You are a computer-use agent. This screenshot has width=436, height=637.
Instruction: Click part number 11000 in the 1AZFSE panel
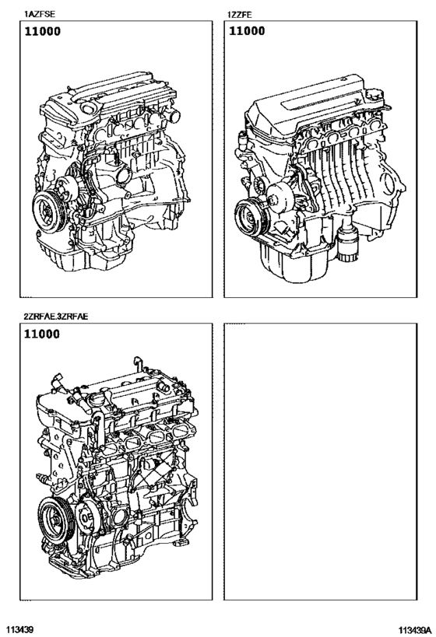pos(42,32)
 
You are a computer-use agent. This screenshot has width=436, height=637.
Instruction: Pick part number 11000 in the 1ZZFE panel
pos(246,32)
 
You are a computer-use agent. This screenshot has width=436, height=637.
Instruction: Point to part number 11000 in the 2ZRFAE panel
pos(42,335)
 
